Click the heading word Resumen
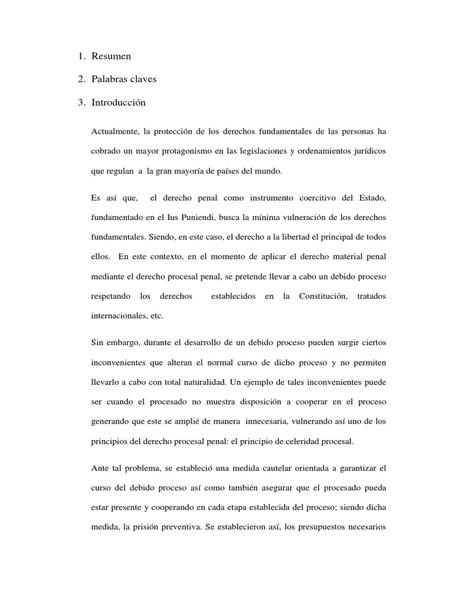point(111,56)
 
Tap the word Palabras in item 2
point(110,79)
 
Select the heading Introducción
point(119,103)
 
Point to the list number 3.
point(80,103)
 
